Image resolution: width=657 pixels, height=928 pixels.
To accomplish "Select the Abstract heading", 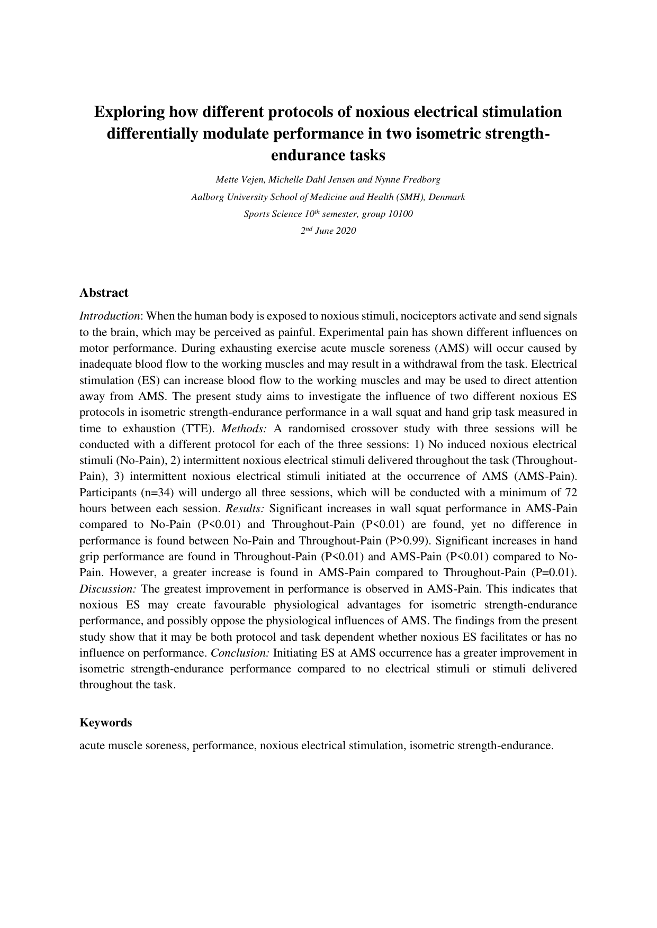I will tap(104, 293).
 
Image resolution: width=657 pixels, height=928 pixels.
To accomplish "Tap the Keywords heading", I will tap(105, 722).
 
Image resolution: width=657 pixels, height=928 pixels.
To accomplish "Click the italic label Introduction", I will tap(110, 316).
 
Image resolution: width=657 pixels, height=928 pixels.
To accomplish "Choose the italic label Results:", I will tap(245, 508).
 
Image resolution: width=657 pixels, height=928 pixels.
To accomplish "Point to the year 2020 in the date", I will tap(345, 231).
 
